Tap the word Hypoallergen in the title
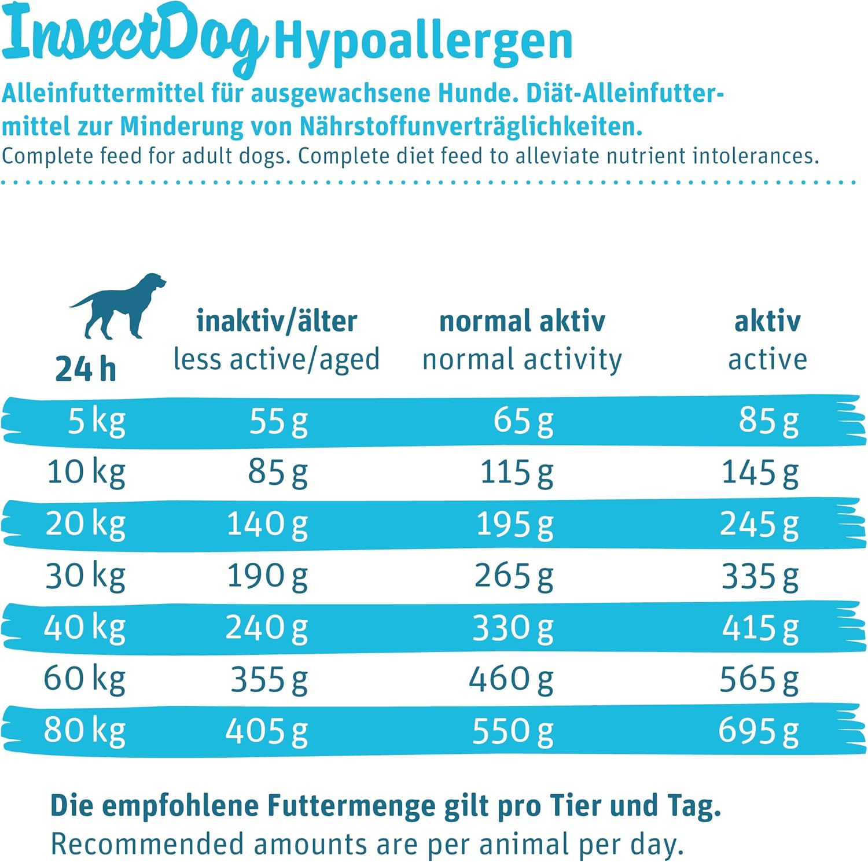coord(423,42)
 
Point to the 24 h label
coord(86,369)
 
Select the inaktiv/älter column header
coord(277,322)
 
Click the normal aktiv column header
coord(522,322)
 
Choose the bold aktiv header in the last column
coord(767,322)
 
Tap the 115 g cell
coord(516,473)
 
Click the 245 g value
coord(759,525)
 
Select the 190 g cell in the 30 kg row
coord(267,576)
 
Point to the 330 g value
coord(513,628)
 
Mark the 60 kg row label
coord(84,679)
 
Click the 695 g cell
coord(758,731)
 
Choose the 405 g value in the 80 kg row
coord(266,731)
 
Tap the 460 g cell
coord(511,679)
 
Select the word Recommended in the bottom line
coord(147,844)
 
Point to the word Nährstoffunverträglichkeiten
coord(470,127)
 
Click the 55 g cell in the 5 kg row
coord(278,421)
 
